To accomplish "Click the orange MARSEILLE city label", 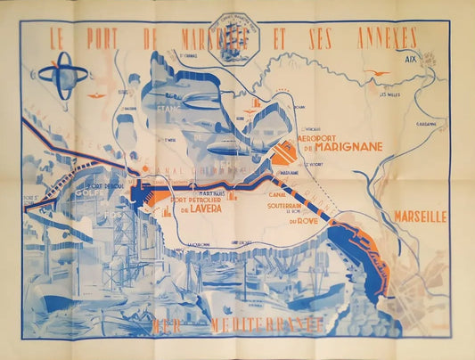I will (420, 216).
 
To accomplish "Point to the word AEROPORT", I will (322, 140).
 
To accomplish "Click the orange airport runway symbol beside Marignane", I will (285, 155).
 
